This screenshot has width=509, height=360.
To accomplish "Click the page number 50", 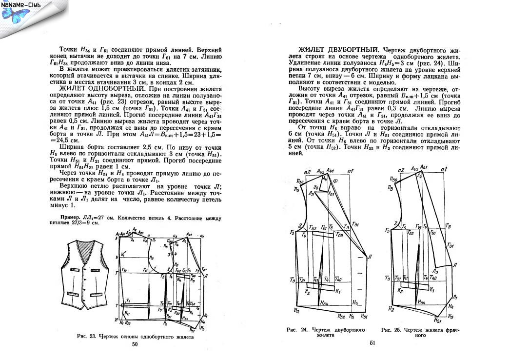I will [135, 344].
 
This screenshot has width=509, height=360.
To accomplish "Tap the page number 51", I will [372, 344].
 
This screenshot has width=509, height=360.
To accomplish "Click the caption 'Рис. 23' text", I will [88, 337].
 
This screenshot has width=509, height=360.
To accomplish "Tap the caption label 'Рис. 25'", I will [392, 330].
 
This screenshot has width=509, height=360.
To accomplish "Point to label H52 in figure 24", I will [341, 317].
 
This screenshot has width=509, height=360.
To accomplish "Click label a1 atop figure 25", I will [444, 169].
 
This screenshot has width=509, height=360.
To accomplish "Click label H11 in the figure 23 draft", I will [127, 314].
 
